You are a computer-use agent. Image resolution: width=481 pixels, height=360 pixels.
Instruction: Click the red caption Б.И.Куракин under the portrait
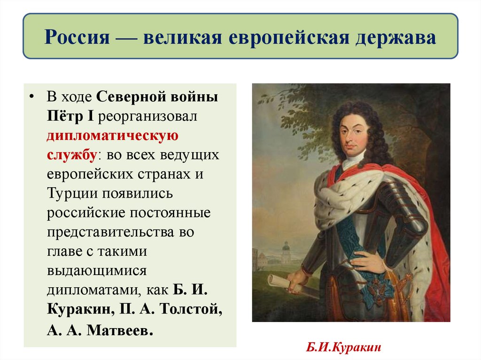pyautogui.click(x=343, y=348)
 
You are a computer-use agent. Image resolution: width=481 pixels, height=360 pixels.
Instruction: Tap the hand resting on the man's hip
pyautogui.click(x=367, y=260)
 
